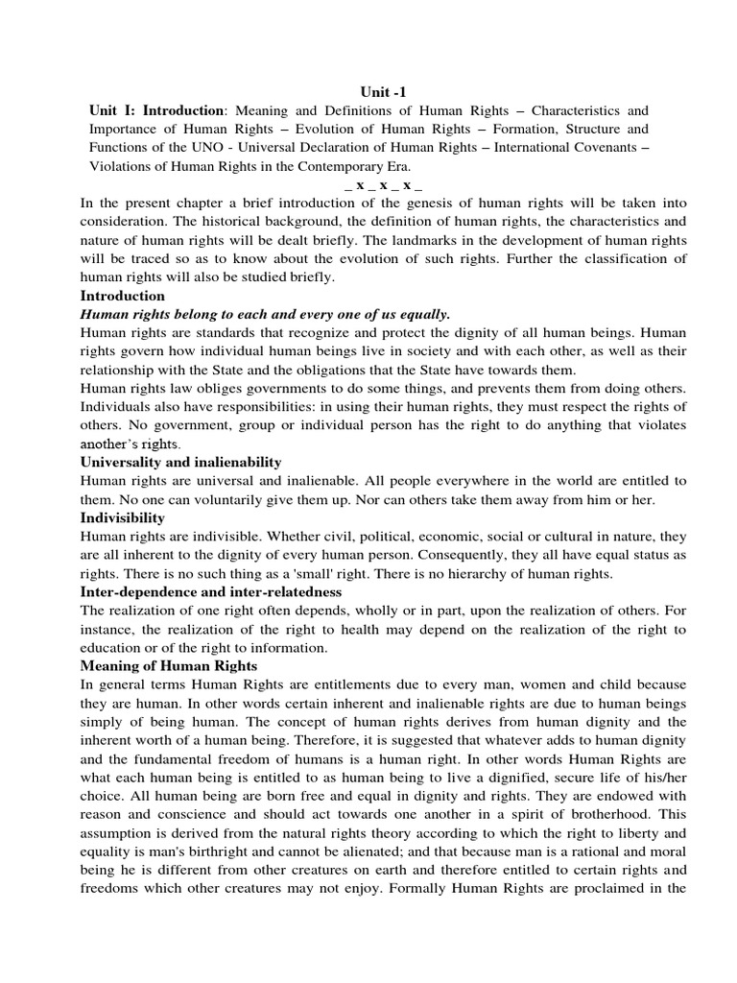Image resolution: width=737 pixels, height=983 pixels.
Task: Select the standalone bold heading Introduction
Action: click(x=122, y=295)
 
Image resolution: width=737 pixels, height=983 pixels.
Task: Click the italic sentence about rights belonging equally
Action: click(x=265, y=314)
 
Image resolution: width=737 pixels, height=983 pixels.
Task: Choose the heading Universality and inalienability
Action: click(x=180, y=462)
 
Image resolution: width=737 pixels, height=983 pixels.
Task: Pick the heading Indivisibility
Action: click(x=122, y=517)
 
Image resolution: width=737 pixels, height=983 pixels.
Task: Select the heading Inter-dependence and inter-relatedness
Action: click(x=211, y=592)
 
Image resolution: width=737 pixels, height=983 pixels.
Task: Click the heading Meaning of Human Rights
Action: click(x=169, y=665)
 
